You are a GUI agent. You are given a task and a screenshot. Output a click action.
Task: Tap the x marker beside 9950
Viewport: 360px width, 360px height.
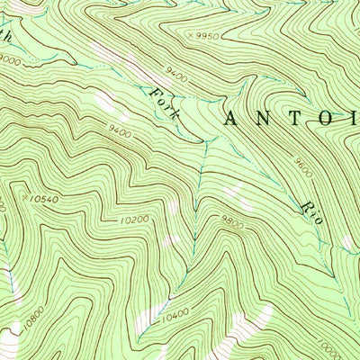click(185, 36)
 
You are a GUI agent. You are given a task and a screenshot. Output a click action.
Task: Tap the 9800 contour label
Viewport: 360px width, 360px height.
click(232, 223)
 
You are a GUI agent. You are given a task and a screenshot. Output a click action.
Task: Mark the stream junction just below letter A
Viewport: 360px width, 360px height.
click(206, 142)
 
